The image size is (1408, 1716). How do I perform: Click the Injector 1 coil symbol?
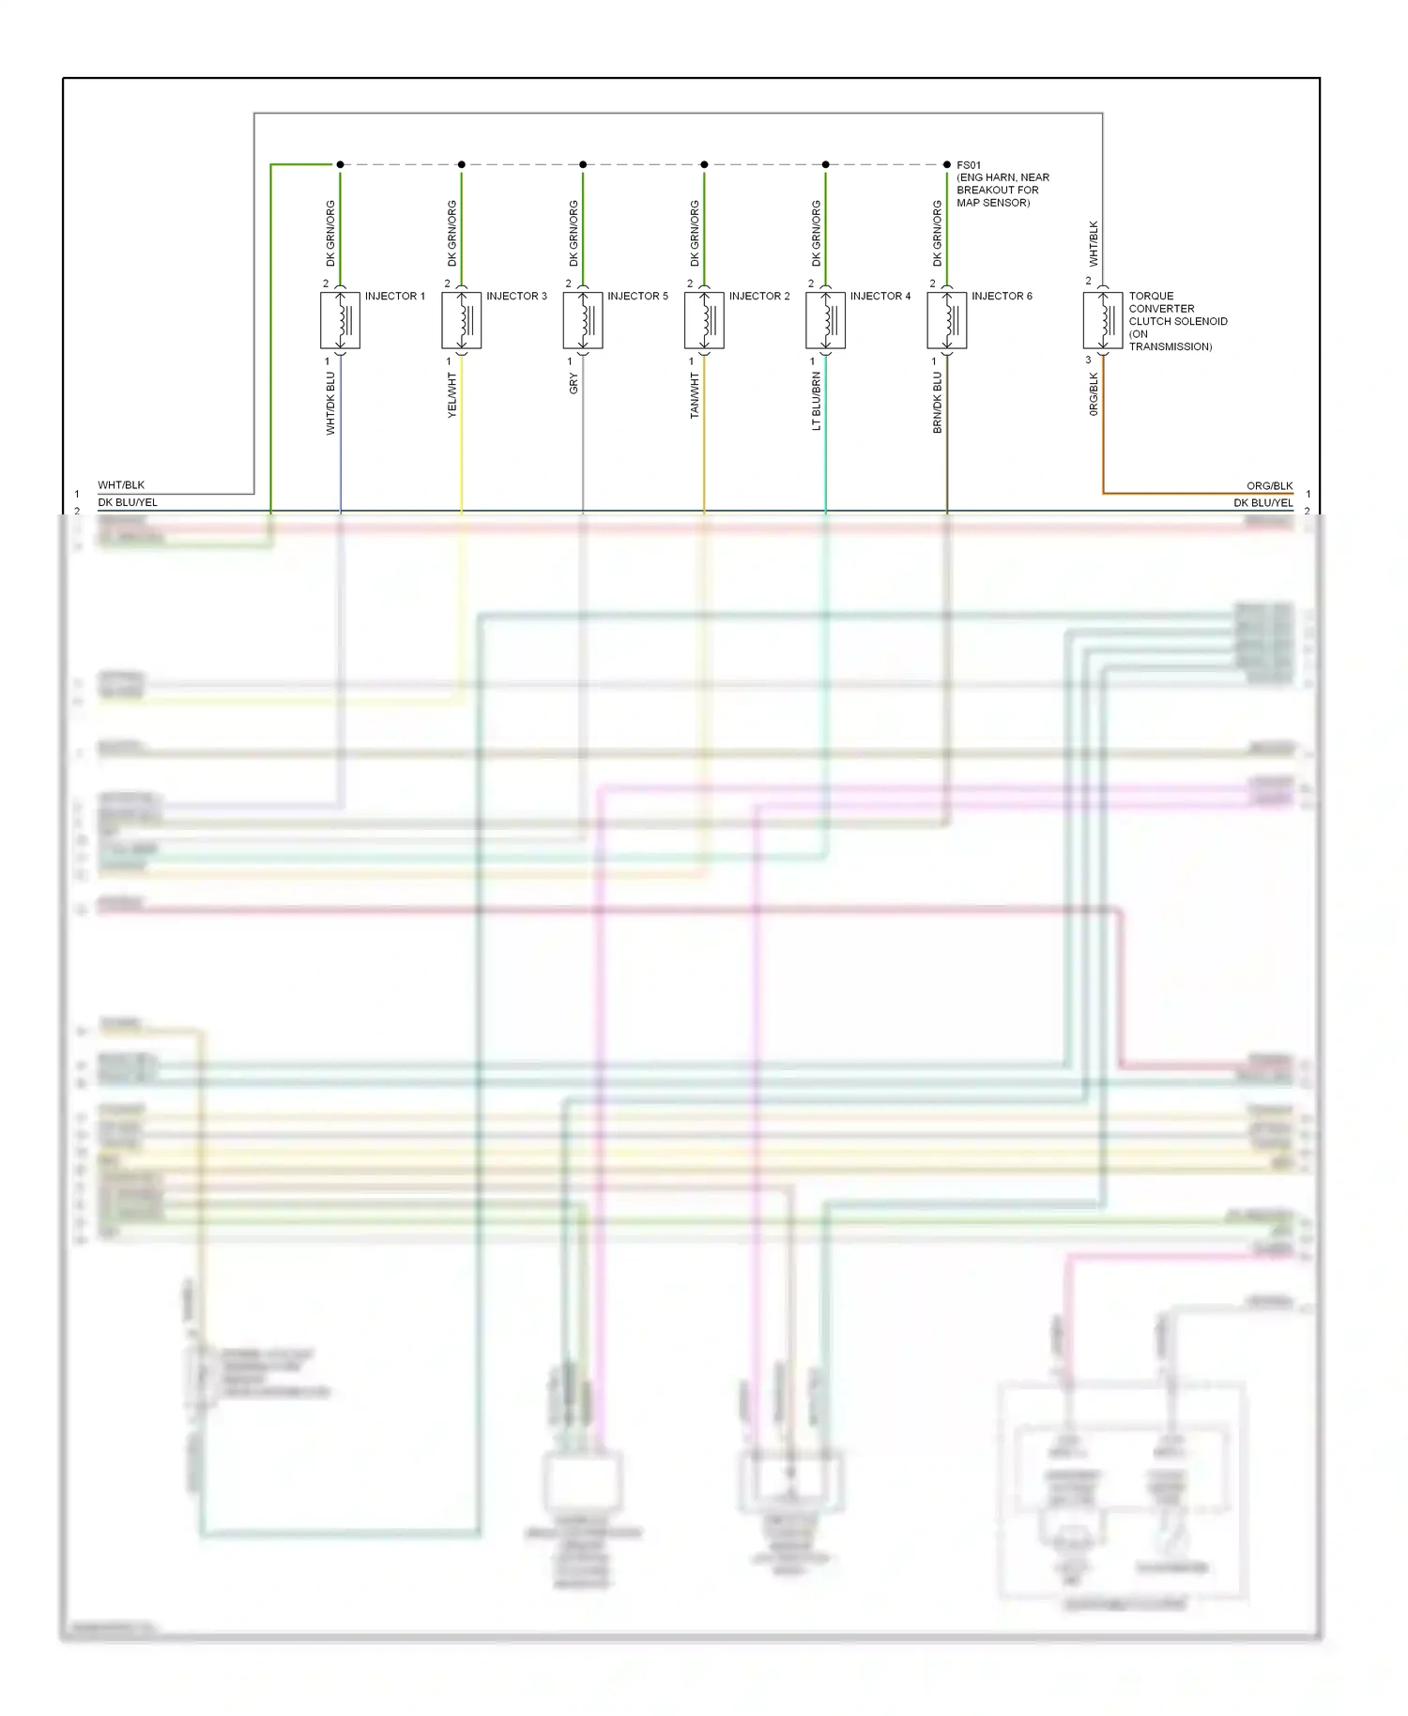click(340, 321)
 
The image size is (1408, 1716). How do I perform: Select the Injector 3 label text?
click(516, 296)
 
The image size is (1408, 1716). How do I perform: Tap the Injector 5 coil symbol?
click(582, 321)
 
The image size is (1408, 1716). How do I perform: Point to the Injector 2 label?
click(758, 296)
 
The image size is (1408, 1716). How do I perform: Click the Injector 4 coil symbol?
click(825, 321)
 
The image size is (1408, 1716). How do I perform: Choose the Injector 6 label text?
click(1002, 296)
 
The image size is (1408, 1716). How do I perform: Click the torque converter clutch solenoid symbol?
click(1102, 321)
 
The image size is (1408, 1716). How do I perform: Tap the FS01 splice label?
click(969, 165)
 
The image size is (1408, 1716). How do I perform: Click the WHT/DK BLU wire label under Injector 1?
click(330, 404)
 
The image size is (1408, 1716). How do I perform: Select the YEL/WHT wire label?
click(451, 395)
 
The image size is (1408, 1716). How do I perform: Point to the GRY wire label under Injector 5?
click(574, 384)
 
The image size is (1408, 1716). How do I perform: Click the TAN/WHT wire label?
click(695, 395)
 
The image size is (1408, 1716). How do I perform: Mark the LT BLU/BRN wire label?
click(816, 402)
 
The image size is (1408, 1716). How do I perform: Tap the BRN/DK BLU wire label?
click(937, 403)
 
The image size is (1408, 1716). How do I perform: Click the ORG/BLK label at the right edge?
click(1269, 486)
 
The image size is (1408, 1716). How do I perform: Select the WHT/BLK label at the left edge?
click(121, 485)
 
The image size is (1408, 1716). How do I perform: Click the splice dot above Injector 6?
click(946, 164)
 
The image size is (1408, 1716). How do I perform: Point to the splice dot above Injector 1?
click(340, 164)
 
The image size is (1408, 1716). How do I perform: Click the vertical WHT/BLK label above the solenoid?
click(1093, 244)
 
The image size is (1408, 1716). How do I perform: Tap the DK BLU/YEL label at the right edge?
click(1263, 503)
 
